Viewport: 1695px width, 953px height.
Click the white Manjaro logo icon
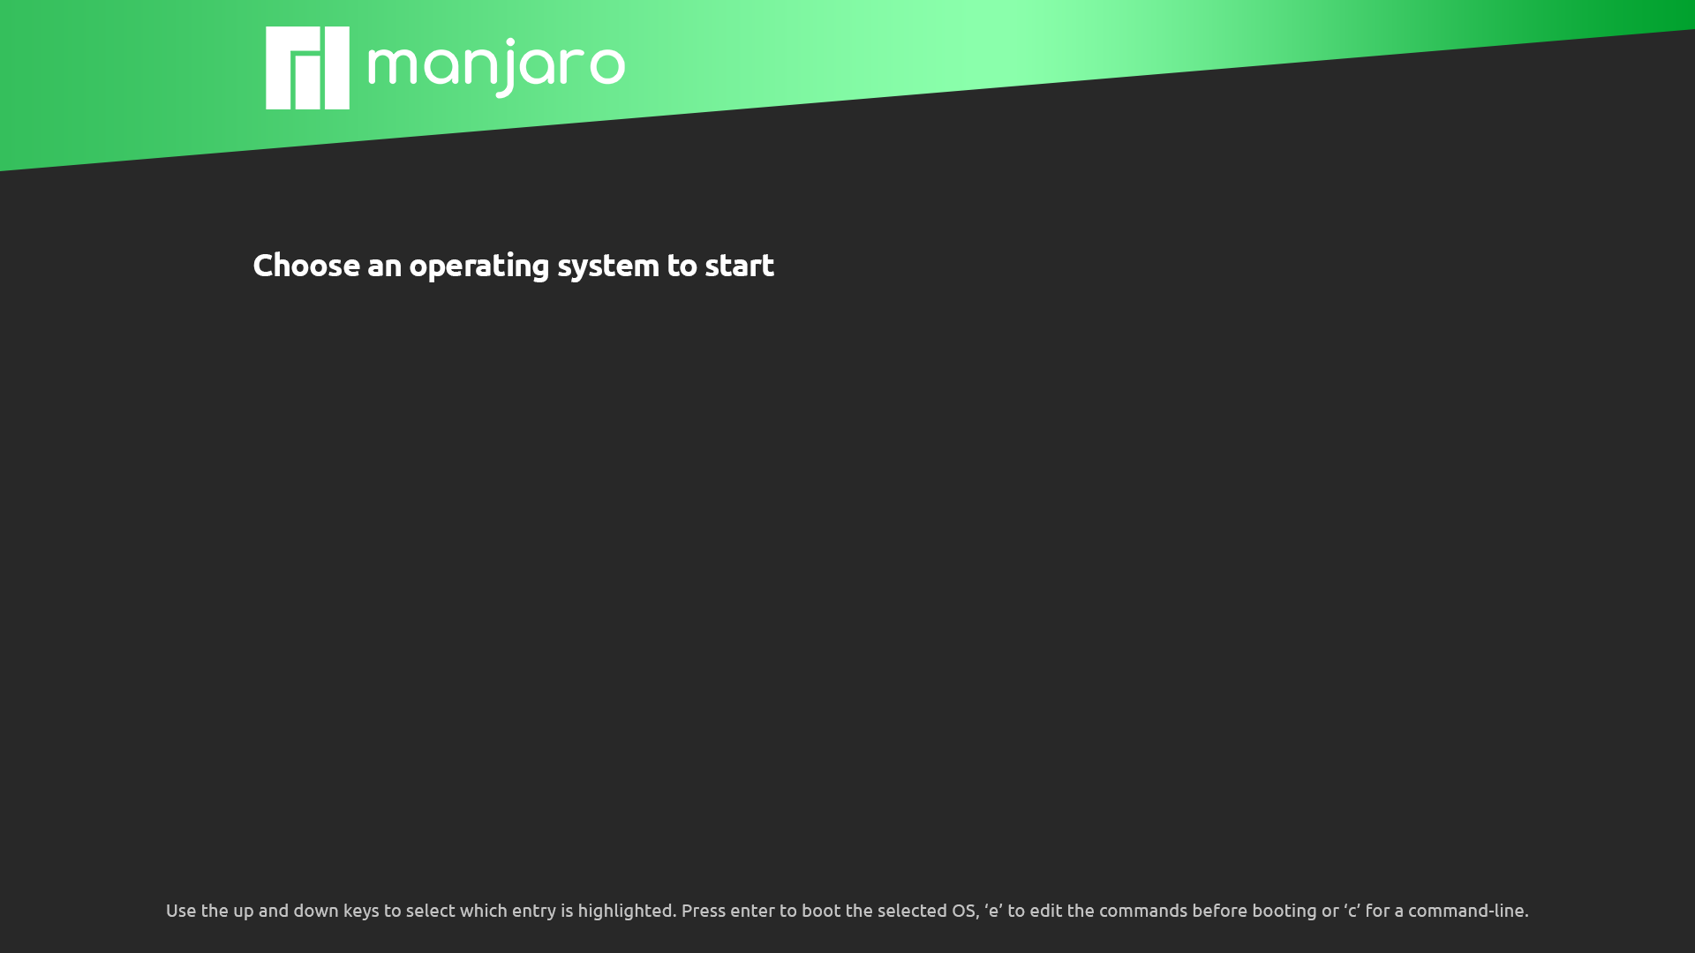coord(307,68)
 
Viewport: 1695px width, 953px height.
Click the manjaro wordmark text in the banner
coord(496,68)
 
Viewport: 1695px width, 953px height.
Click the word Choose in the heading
coord(306,265)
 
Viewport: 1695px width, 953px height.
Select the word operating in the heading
coord(478,266)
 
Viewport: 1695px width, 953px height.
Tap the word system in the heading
coord(607,266)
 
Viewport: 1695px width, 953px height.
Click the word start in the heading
coord(739,265)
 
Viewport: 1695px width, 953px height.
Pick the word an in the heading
coord(384,267)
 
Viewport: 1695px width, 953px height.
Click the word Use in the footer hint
coord(181,911)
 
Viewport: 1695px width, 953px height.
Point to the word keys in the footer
coord(361,912)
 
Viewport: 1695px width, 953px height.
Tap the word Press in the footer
coord(703,911)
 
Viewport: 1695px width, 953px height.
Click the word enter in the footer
coord(752,912)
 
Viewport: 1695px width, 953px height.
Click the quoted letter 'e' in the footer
coord(993,911)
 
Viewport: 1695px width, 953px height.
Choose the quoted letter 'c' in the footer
coord(1352,911)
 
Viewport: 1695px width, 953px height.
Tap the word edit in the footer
coord(1045,911)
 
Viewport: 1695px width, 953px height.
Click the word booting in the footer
coord(1284,912)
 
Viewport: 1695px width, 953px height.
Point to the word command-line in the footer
coord(1468,911)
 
